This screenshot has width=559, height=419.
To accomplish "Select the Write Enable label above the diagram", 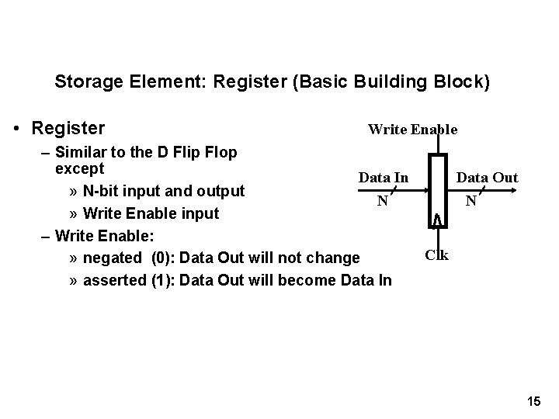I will [x=412, y=130].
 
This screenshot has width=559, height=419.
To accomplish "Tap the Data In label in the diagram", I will [x=384, y=178].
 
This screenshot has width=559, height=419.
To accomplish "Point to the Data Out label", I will [x=487, y=178].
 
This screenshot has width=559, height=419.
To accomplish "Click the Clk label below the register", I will [x=437, y=254].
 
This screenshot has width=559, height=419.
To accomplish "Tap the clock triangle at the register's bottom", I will [x=438, y=221].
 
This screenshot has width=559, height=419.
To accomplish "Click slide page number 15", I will [x=533, y=401].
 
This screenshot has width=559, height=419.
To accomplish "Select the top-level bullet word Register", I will [x=68, y=126].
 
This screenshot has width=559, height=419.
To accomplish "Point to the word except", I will [x=80, y=167].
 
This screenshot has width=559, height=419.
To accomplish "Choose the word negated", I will [x=112, y=258].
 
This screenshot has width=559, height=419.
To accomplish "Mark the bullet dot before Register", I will [x=17, y=127].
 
